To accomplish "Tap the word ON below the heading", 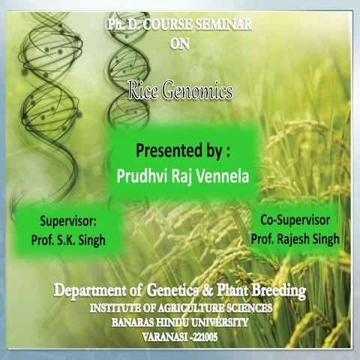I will coord(180,43).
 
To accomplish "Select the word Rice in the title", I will coord(144,91).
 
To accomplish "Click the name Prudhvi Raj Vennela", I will coord(181,174).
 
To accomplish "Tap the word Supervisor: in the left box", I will coord(69,222).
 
